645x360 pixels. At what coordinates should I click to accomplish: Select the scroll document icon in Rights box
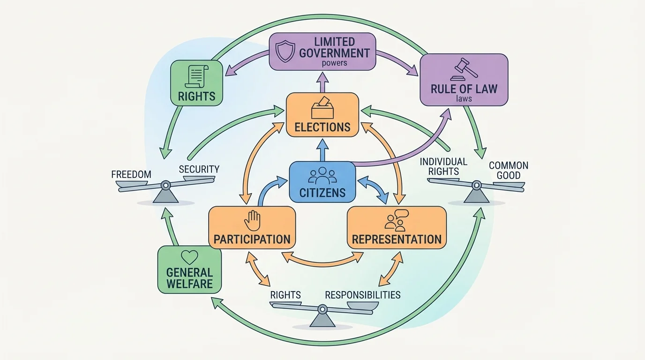[x=196, y=76]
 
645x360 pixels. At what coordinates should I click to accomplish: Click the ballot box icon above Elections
[x=322, y=108]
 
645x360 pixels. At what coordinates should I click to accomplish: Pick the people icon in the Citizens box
[x=322, y=175]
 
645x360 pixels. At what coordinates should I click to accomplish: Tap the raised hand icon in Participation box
[x=252, y=221]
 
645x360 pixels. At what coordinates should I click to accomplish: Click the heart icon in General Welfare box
[x=189, y=257]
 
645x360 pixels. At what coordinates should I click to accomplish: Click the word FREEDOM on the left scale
[x=131, y=174]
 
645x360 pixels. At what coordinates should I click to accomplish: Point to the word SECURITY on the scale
[x=199, y=169]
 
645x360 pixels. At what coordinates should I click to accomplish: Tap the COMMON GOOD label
[x=508, y=170]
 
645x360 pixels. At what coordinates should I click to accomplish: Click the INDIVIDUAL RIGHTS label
[x=443, y=166]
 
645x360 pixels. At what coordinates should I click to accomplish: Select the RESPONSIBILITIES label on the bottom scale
[x=362, y=295]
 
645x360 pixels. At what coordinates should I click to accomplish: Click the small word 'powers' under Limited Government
[x=335, y=63]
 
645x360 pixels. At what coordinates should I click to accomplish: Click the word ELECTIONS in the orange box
[x=322, y=127]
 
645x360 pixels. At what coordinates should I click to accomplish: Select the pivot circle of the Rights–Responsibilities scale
[x=322, y=309]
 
